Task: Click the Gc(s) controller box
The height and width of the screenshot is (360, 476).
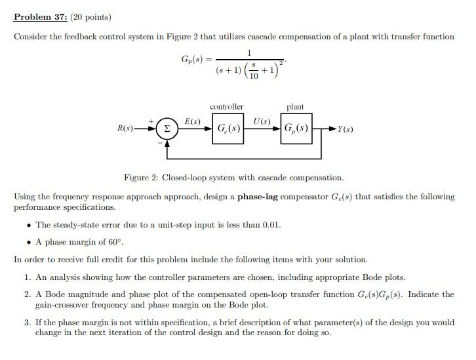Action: tap(228, 128)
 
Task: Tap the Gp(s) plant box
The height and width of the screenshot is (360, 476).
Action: tap(296, 128)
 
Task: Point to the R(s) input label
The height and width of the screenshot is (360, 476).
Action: tap(125, 129)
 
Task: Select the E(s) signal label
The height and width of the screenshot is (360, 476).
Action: tap(193, 121)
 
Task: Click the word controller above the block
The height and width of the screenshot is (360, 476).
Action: tap(227, 106)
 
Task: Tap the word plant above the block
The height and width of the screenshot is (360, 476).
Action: tap(295, 106)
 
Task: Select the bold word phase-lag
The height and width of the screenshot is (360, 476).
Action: tap(260, 197)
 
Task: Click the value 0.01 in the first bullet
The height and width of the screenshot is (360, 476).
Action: tap(271, 224)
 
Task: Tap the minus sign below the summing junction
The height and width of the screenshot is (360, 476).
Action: tap(159, 142)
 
